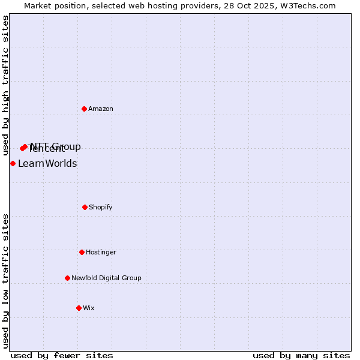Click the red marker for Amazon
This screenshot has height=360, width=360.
(85, 109)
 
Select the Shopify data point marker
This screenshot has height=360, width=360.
(85, 207)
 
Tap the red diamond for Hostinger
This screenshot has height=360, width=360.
(82, 252)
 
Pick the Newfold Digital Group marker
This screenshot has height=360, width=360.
(67, 278)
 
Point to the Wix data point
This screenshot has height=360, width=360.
(79, 308)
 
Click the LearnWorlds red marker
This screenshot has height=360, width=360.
(13, 163)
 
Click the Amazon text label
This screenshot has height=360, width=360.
(101, 109)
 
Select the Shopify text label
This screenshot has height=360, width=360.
(101, 207)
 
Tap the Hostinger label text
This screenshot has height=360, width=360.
(101, 252)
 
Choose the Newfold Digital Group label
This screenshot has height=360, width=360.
(106, 278)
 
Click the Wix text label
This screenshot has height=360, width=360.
(89, 308)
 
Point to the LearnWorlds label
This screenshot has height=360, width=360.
(47, 164)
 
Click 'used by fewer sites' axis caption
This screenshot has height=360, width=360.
(62, 355)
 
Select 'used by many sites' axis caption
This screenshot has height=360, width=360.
(301, 355)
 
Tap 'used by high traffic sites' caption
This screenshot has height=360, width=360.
(5, 86)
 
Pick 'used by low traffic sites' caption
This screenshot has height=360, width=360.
(5, 281)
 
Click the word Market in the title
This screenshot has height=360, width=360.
(38, 5)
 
